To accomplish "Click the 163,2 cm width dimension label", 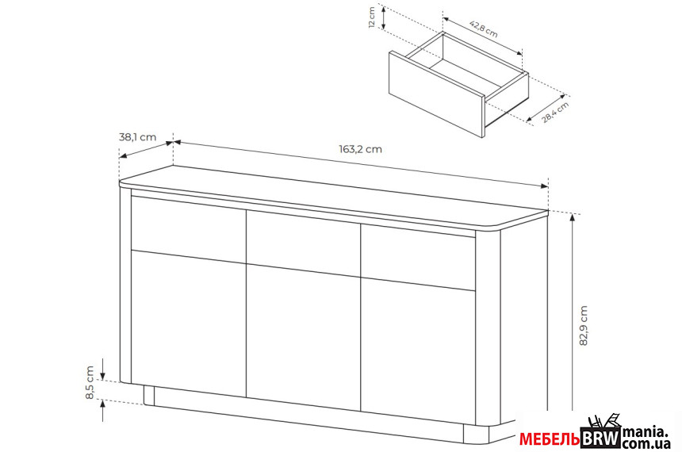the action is pyautogui.click(x=360, y=149).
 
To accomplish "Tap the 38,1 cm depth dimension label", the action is pyautogui.click(x=137, y=137).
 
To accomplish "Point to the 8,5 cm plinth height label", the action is pyautogui.click(x=90, y=382).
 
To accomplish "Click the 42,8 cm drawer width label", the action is pyautogui.click(x=484, y=29).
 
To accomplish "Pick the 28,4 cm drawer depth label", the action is pyautogui.click(x=555, y=113).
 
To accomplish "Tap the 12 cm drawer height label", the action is pyautogui.click(x=372, y=17).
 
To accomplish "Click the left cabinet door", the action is pyautogui.click(x=189, y=324).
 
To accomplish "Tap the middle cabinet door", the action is pyautogui.click(x=304, y=338).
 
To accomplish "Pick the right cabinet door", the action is pyautogui.click(x=418, y=352).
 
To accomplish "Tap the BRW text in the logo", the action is pyautogui.click(x=600, y=439).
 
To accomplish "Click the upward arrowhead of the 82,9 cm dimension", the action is pyautogui.click(x=573, y=218).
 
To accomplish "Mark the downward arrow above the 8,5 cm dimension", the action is pyautogui.click(x=102, y=369).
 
